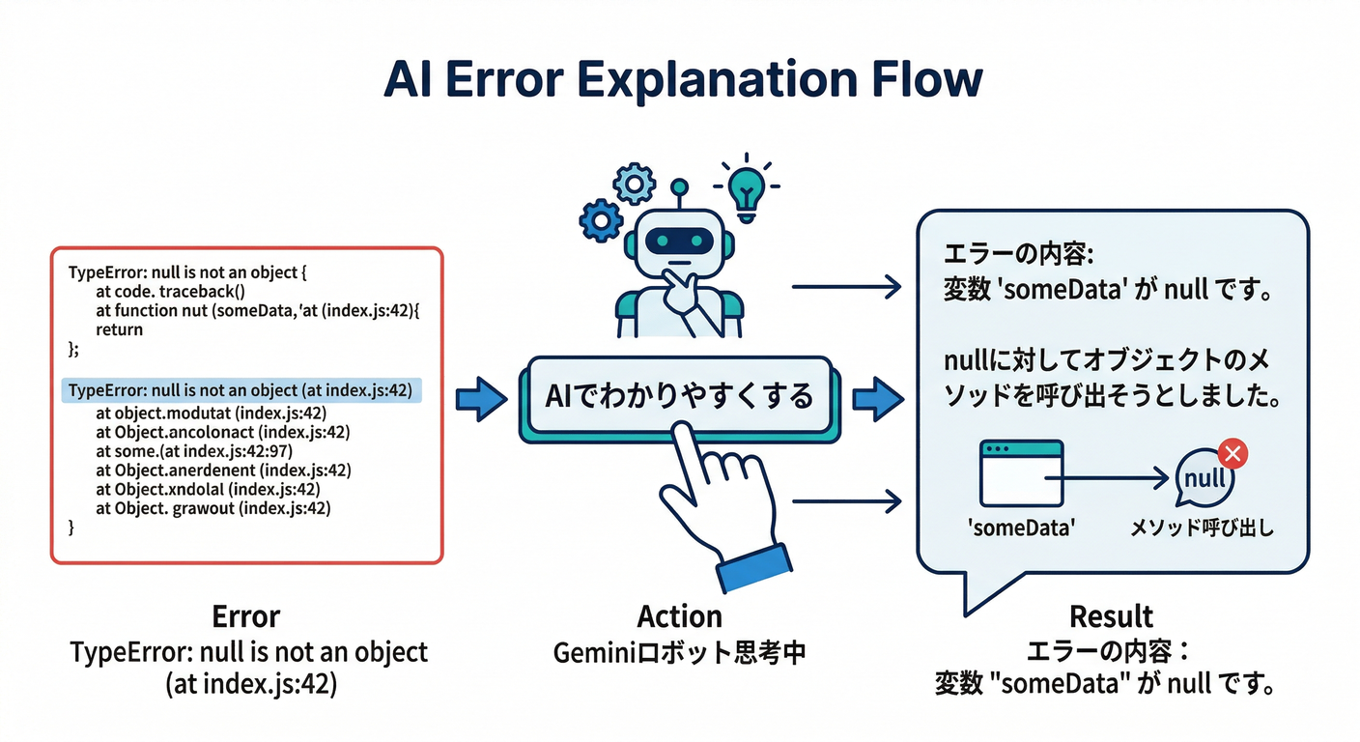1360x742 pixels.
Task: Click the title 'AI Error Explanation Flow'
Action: click(x=682, y=79)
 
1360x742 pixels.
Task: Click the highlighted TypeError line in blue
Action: click(x=241, y=390)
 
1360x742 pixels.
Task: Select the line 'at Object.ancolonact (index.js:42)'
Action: click(x=222, y=432)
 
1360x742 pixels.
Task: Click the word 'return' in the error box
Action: click(x=119, y=329)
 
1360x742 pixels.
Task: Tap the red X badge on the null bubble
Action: click(x=1233, y=452)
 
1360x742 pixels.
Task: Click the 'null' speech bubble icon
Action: click(x=1203, y=479)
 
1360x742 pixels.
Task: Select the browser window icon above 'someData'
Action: click(x=1021, y=472)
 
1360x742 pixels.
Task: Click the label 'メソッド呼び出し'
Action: click(x=1202, y=528)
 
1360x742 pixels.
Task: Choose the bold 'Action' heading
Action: click(x=679, y=616)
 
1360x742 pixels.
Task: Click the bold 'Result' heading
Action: click(x=1111, y=616)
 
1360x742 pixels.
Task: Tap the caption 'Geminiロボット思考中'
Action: click(x=679, y=653)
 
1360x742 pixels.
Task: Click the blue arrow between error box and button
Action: click(x=479, y=396)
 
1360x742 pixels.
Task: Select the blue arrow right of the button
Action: click(x=876, y=396)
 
